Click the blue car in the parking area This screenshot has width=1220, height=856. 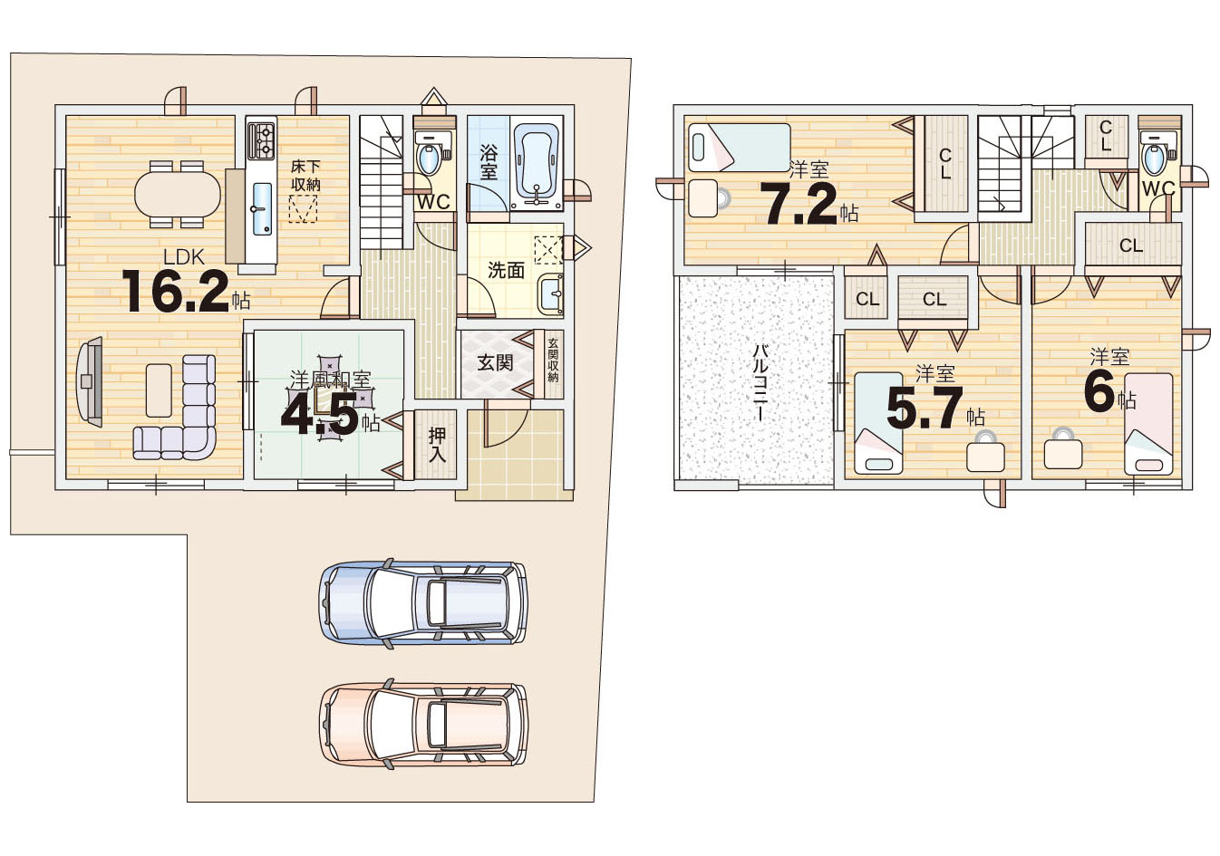pyautogui.click(x=423, y=603)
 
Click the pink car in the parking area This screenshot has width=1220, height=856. pyautogui.click(x=423, y=725)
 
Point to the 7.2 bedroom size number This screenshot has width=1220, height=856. pyautogui.click(x=799, y=204)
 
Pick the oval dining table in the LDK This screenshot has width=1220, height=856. pyautogui.click(x=178, y=194)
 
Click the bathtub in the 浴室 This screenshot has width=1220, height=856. pyautogui.click(x=537, y=166)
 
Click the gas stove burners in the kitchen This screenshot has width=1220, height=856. pyautogui.click(x=261, y=140)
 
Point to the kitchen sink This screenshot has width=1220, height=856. pyautogui.click(x=262, y=209)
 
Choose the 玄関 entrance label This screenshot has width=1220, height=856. pyautogui.click(x=495, y=363)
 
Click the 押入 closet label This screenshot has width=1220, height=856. pyautogui.click(x=437, y=445)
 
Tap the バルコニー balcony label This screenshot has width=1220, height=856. pyautogui.click(x=760, y=381)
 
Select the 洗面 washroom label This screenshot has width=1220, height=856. pyautogui.click(x=506, y=270)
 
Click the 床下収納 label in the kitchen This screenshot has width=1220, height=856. pyautogui.click(x=305, y=175)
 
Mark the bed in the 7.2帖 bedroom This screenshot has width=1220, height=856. pyautogui.click(x=739, y=148)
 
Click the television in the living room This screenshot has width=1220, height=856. pyautogui.click(x=91, y=382)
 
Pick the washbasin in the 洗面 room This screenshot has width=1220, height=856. pyautogui.click(x=550, y=294)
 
